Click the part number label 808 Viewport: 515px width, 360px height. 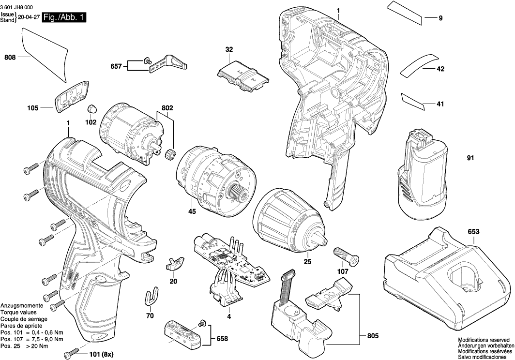click(x=10, y=57)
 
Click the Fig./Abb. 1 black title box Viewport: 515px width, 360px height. click(x=64, y=17)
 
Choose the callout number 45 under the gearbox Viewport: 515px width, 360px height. click(x=192, y=211)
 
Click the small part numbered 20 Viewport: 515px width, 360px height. click(x=175, y=263)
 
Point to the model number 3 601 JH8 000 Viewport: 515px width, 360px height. click(x=17, y=8)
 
